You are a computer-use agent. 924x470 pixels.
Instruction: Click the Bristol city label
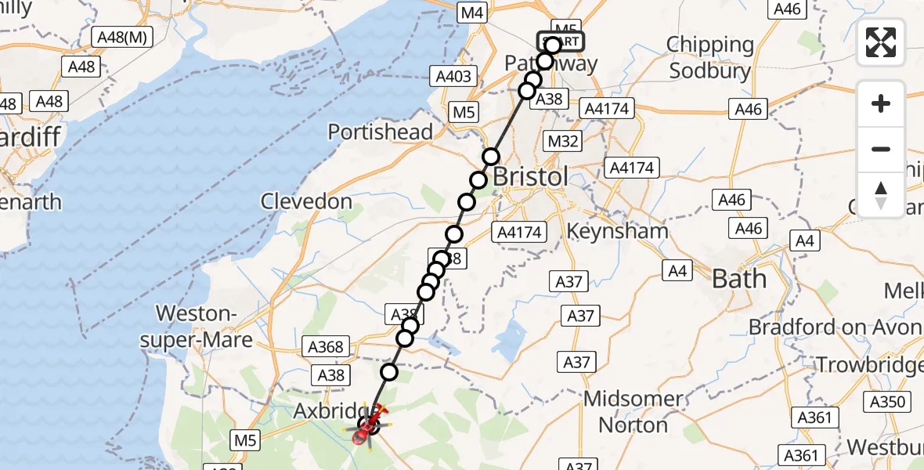531,176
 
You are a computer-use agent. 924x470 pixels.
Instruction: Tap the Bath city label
738,278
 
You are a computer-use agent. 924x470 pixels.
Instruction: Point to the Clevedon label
306,201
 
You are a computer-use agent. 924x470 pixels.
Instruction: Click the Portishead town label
381,132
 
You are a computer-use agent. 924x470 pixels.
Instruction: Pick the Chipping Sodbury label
710,58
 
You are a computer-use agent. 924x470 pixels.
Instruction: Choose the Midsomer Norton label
633,412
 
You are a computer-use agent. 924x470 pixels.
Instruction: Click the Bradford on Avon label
835,327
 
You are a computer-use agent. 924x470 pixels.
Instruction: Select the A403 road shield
453,76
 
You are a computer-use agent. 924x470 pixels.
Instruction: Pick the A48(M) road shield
122,37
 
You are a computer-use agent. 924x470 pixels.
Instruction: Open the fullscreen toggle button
882,43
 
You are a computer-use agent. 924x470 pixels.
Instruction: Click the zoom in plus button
882,103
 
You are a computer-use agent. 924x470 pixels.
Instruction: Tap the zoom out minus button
882,149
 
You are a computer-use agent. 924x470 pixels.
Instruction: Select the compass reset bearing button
882,194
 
